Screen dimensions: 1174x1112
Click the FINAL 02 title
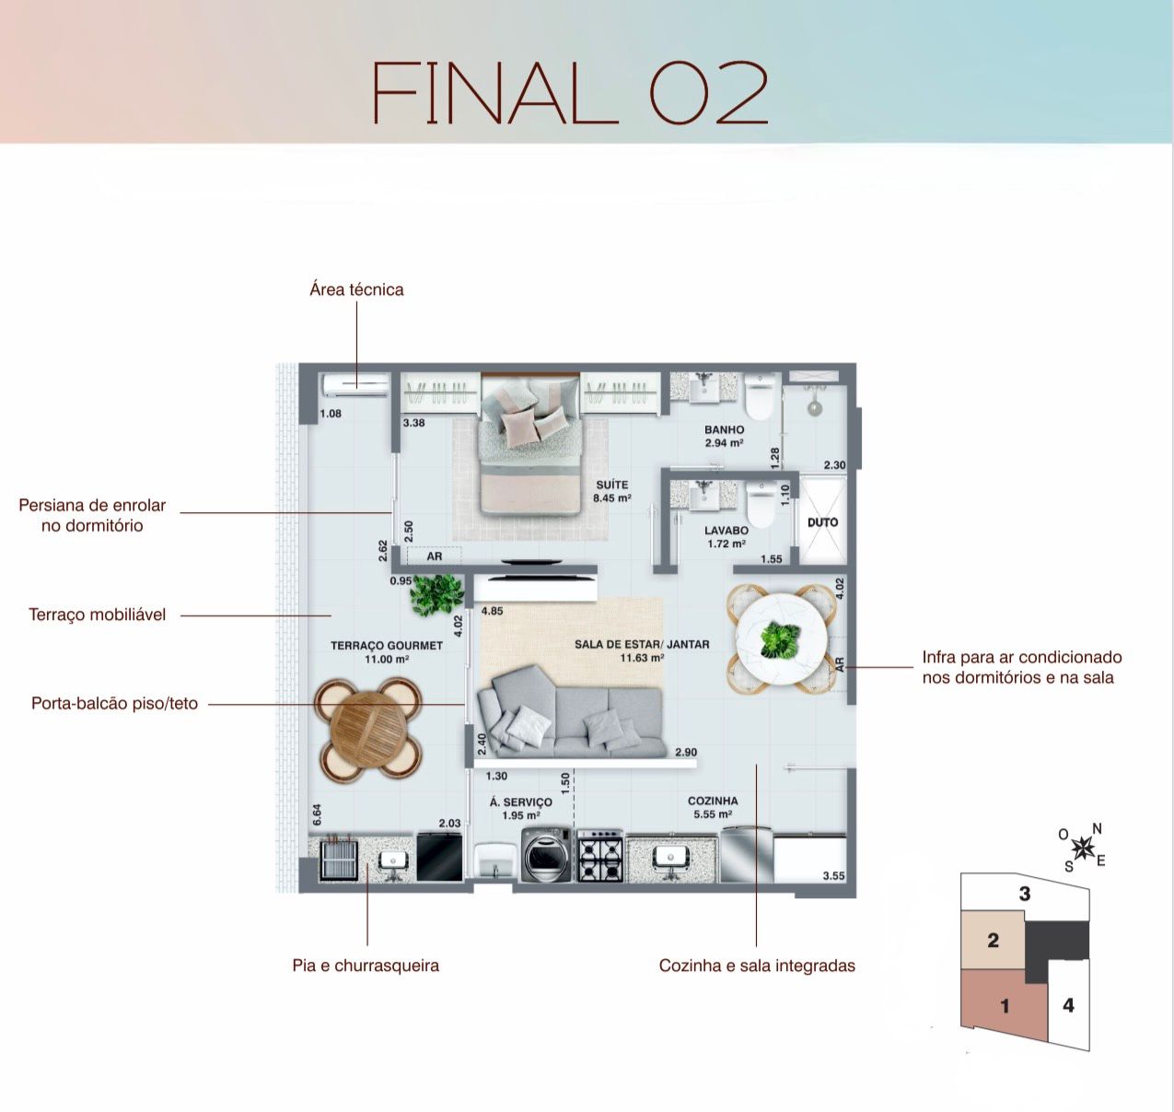570,92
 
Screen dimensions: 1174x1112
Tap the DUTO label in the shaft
822,522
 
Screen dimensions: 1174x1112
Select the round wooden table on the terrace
368,729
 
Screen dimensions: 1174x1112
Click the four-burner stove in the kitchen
600,856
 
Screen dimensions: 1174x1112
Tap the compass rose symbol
1083,847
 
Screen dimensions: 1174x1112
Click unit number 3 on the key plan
1025,894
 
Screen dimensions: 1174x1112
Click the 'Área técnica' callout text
356,290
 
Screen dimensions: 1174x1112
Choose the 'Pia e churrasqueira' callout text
366,966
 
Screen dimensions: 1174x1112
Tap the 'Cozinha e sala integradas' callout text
757,966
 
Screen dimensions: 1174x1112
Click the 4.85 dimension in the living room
492,611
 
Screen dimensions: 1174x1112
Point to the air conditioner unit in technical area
355,384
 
